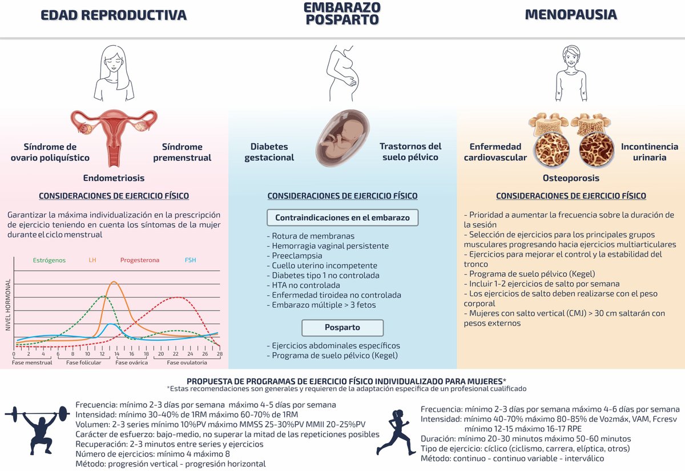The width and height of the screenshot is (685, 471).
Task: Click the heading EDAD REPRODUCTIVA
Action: point(114,15)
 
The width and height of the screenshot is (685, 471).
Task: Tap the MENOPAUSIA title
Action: point(570,15)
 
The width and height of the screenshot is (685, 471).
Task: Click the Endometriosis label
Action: point(114,178)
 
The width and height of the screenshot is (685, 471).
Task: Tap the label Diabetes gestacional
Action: point(269,152)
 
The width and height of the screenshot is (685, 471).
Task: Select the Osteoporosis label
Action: point(571,178)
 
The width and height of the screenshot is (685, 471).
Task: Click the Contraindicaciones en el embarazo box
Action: point(342,218)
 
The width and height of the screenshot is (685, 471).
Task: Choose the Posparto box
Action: point(342,328)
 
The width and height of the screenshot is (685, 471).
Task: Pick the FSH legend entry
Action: point(191,260)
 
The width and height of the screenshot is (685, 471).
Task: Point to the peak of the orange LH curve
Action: point(114,282)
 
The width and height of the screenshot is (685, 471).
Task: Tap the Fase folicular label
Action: point(83,363)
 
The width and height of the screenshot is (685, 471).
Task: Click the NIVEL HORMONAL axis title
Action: point(8,305)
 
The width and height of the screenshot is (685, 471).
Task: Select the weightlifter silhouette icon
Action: point(38,430)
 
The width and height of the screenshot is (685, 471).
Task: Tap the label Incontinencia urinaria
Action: point(650,152)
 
